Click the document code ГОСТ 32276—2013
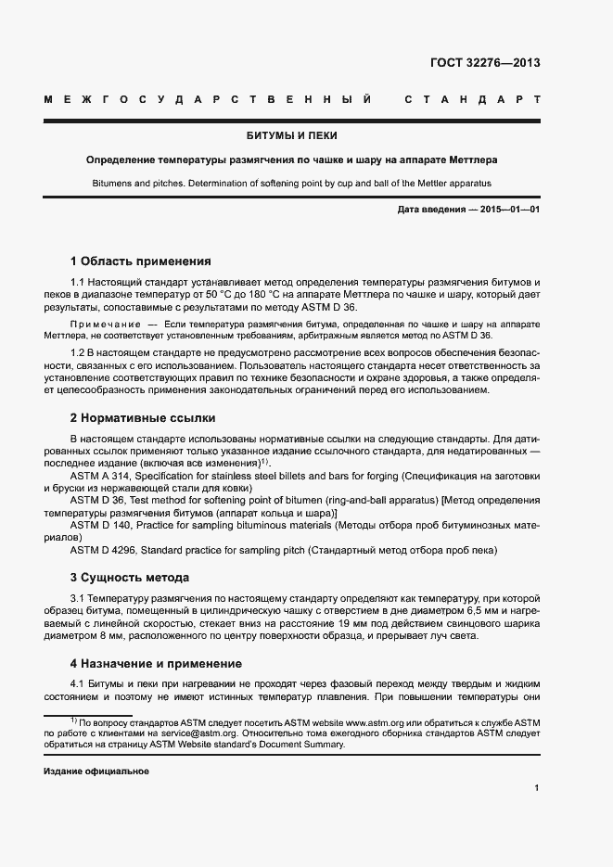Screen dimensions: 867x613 [485, 63]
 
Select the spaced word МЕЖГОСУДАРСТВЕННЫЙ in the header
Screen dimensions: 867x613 [209, 98]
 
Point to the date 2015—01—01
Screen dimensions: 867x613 [508, 210]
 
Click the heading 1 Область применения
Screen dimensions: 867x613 [141, 261]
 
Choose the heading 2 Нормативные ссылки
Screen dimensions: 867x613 [143, 417]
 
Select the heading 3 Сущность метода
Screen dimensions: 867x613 [130, 577]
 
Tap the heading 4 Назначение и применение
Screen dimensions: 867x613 [156, 663]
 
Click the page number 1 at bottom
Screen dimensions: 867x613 [537, 788]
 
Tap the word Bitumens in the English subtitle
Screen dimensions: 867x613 [112, 184]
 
